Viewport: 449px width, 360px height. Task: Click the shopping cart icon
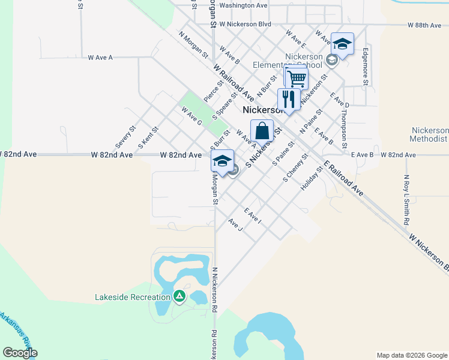click(x=297, y=78)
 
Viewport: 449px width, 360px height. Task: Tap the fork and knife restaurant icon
click(x=289, y=99)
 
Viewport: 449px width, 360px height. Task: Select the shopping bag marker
click(x=262, y=130)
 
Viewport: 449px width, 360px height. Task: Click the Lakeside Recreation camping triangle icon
click(x=179, y=296)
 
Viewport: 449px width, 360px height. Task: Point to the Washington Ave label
click(x=243, y=5)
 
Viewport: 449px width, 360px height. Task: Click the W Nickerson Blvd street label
click(x=245, y=25)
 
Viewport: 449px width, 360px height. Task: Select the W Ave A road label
click(x=100, y=58)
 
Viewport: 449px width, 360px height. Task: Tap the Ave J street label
click(x=235, y=225)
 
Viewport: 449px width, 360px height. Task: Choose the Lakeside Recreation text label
click(x=133, y=297)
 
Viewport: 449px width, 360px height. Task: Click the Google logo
click(x=20, y=353)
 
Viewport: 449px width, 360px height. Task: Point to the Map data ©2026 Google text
click(x=411, y=355)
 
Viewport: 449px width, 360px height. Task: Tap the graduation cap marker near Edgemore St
click(x=342, y=44)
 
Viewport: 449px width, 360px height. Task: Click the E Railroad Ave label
click(x=343, y=179)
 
